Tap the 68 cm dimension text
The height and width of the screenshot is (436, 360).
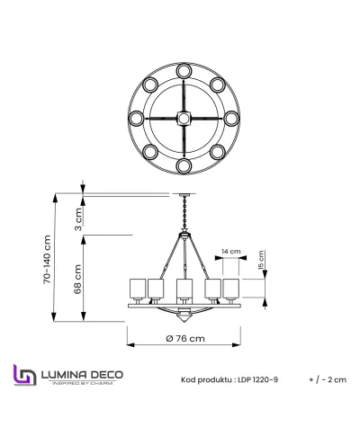point(78,278)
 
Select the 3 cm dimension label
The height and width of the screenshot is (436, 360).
point(78,216)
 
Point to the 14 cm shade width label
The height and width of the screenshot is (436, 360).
point(230,253)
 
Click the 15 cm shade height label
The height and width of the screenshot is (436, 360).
point(261,260)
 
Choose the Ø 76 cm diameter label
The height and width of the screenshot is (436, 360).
point(184,338)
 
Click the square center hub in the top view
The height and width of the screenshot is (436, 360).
point(184,118)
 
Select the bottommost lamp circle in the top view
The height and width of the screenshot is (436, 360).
point(184,166)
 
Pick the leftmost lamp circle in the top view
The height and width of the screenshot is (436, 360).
point(135,118)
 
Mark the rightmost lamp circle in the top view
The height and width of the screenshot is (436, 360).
point(232,118)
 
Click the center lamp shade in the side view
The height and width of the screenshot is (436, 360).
point(184,289)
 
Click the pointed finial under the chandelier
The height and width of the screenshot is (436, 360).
point(184,317)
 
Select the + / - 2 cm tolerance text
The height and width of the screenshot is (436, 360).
point(327,380)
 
